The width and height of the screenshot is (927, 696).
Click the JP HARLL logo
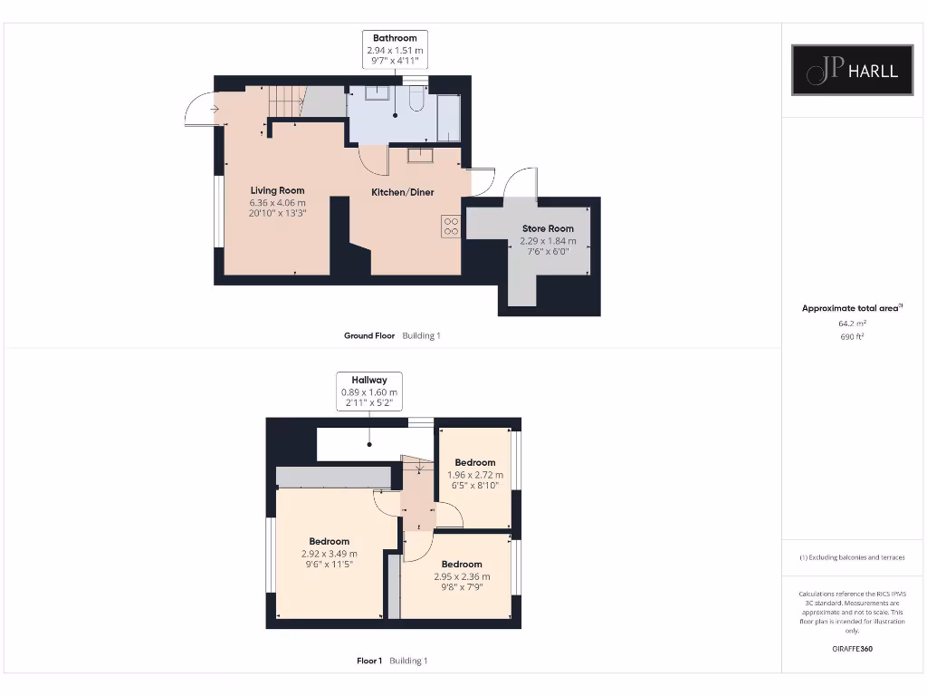852,70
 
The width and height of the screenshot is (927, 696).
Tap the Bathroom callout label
395,38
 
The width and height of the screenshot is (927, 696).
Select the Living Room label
277,190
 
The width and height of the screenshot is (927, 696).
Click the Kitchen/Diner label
403,192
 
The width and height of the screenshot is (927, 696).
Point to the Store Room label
548,228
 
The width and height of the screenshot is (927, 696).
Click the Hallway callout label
369,380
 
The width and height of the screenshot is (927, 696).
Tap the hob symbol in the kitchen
450,226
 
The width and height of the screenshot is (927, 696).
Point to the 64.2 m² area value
852,323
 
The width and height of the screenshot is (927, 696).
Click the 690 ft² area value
852,336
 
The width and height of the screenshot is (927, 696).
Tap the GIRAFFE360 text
852,649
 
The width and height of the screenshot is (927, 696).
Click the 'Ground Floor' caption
369,335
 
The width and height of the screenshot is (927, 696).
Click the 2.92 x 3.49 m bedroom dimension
330,554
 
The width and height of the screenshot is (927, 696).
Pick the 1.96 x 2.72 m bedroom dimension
475,474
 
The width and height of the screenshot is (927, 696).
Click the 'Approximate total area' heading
850,308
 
